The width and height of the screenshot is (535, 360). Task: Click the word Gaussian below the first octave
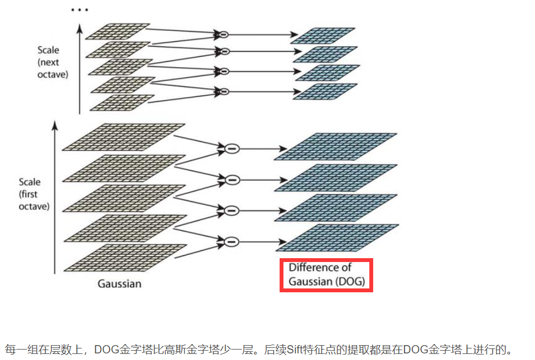pyautogui.click(x=119, y=284)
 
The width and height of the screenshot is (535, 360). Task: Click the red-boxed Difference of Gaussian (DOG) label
pyautogui.click(x=326, y=275)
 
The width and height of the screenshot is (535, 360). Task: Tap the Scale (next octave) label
pyautogui.click(x=53, y=62)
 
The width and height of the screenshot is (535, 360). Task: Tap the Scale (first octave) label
pyautogui.click(x=34, y=194)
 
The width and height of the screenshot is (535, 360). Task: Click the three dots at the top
pyautogui.click(x=80, y=10)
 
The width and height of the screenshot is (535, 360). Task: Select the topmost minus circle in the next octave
pyautogui.click(x=223, y=35)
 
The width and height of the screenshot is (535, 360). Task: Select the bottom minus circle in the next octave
pyautogui.click(x=223, y=91)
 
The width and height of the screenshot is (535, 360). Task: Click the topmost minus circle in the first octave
pyautogui.click(x=232, y=148)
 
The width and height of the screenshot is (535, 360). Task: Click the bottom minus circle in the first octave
pyautogui.click(x=232, y=241)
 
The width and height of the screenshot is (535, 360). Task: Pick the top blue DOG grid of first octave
pyautogui.click(x=335, y=146)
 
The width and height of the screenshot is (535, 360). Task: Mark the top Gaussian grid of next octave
pyautogui.click(x=117, y=31)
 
